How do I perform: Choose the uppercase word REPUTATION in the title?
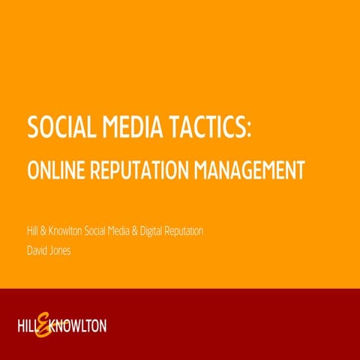[142, 170]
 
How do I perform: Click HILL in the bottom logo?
[28, 326]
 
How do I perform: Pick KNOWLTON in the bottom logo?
[79, 326]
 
